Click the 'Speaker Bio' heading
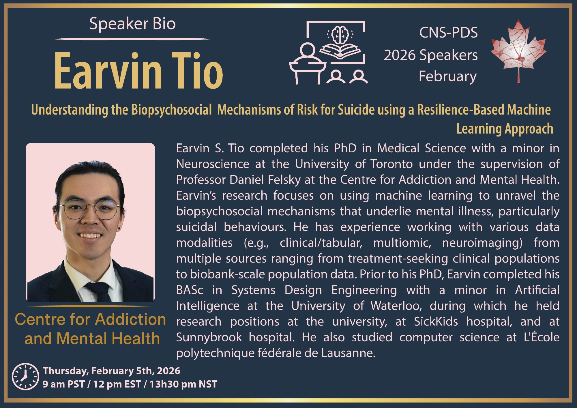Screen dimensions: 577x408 [x=132, y=24]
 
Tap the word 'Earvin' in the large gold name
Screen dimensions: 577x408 [x=108, y=71]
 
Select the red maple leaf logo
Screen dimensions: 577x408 [x=518, y=51]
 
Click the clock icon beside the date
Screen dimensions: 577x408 [x=25, y=377]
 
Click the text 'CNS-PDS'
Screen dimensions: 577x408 [x=448, y=33]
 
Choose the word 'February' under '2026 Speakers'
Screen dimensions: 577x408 [x=447, y=77]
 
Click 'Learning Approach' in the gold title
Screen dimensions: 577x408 [x=505, y=129]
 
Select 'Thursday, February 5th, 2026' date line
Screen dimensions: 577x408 [x=112, y=371]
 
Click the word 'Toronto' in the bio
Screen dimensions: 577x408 [x=391, y=164]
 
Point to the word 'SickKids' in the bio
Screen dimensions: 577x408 [x=436, y=321]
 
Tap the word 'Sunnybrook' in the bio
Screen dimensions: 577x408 [x=209, y=337]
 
